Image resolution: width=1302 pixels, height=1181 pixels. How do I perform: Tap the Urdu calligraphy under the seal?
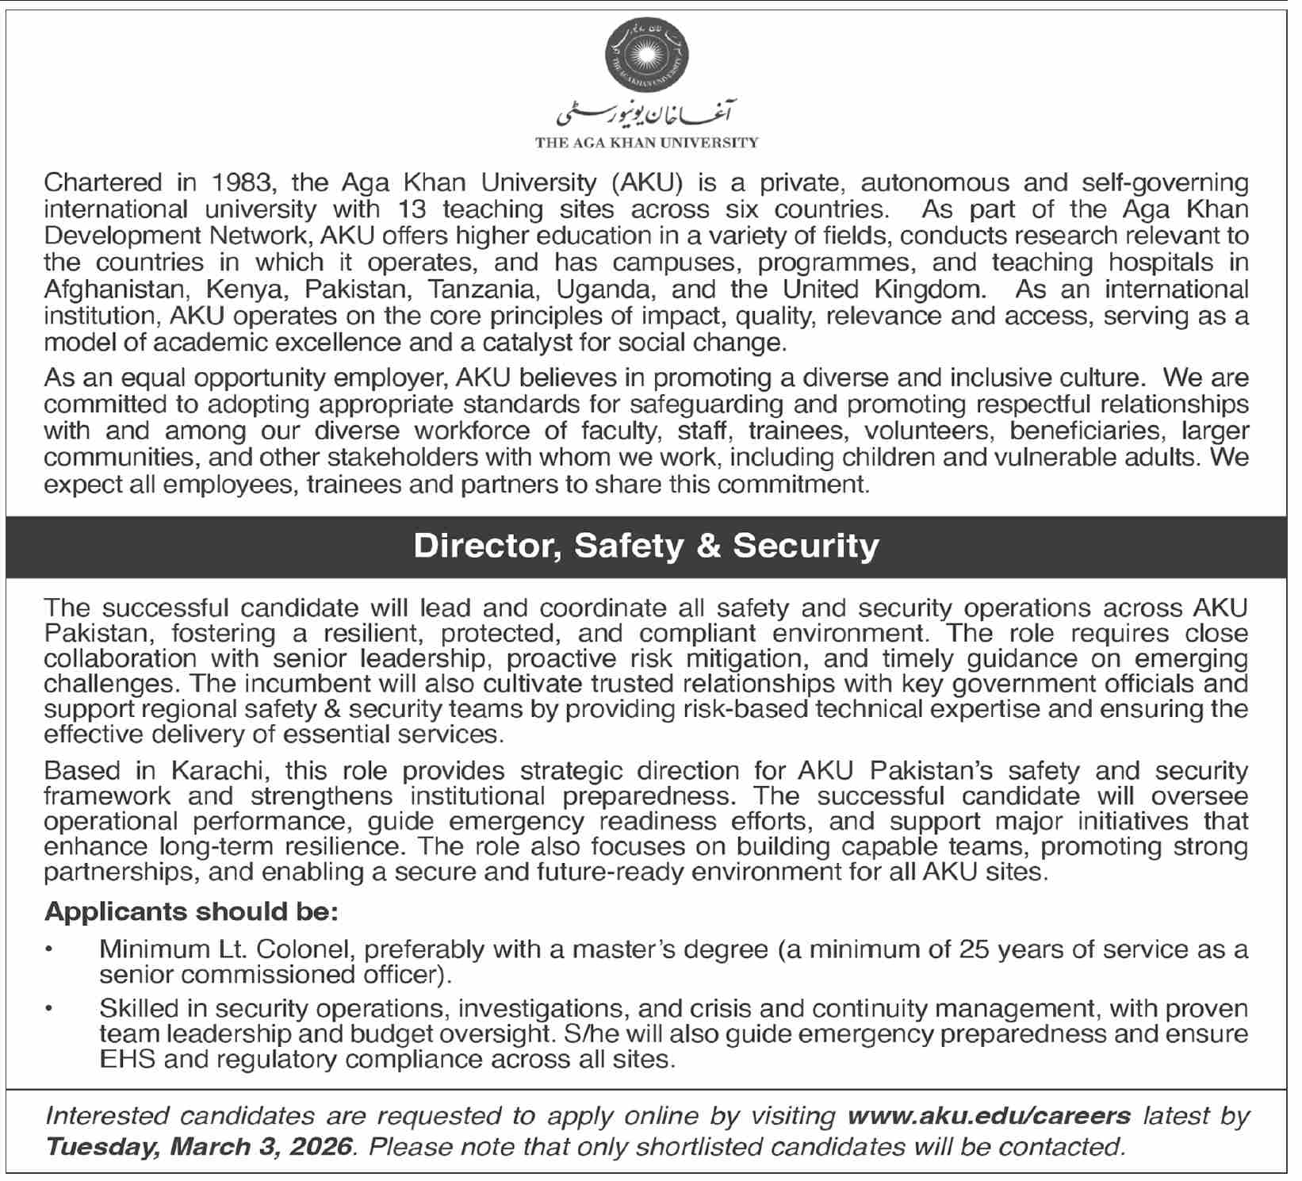tap(645, 116)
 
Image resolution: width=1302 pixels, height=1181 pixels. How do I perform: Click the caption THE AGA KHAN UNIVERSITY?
tap(646, 144)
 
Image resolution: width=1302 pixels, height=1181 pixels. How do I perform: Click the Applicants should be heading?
tap(192, 912)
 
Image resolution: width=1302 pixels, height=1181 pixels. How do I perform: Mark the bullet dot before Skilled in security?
tap(50, 1010)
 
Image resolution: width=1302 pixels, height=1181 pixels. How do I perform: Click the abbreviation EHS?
tap(126, 1060)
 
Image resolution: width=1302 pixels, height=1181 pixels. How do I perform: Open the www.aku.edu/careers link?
tap(989, 1117)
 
